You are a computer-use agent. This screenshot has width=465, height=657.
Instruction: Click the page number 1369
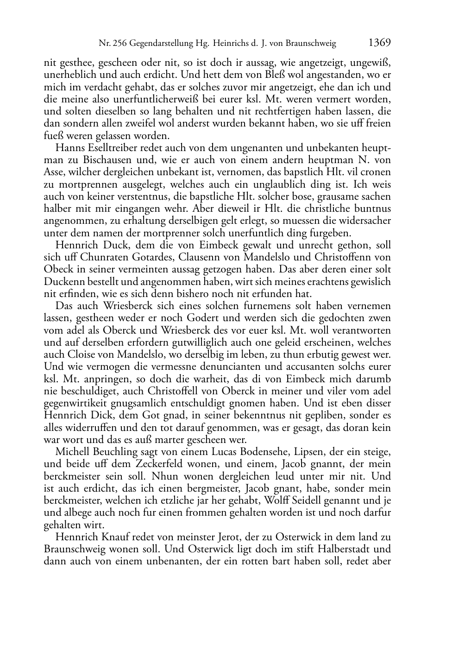(x=379, y=43)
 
